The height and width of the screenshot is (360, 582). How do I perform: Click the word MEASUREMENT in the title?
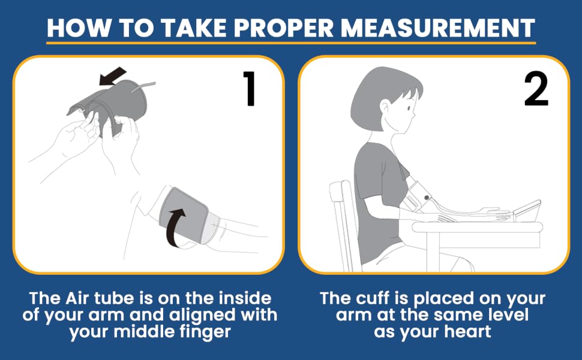tap(438, 28)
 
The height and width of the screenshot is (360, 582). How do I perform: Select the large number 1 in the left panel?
tap(250, 88)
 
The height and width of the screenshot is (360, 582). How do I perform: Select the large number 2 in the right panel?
tap(536, 89)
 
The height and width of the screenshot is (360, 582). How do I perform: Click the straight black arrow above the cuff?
tap(112, 76)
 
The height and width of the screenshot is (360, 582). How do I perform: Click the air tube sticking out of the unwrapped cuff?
tap(142, 87)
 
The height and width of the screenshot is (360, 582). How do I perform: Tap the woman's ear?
tap(385, 108)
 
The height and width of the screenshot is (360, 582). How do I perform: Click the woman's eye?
tap(409, 108)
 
